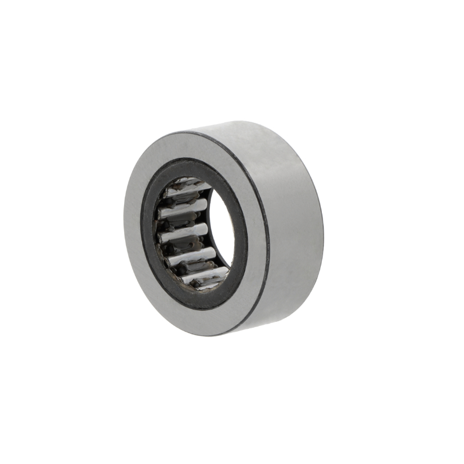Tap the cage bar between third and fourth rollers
pos(180,244)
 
